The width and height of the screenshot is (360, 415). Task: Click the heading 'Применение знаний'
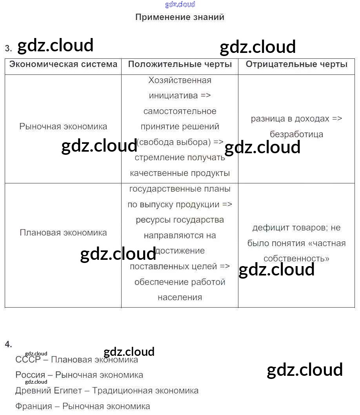point(180,17)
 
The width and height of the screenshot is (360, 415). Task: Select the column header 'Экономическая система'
point(63,64)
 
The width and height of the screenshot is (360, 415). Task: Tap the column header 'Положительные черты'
point(180,64)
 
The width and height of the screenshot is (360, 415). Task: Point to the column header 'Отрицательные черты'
point(296,64)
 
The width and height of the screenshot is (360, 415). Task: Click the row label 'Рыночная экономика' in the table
point(63,127)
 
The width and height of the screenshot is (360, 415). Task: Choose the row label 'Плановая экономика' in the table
point(63,233)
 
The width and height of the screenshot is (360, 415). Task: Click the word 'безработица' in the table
point(296,134)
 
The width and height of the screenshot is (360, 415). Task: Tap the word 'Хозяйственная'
point(180,80)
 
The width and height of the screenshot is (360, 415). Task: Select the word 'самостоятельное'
point(180,111)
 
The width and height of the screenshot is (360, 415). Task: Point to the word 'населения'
point(180,297)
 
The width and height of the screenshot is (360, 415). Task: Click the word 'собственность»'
point(296,259)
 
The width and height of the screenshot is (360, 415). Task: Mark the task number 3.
point(8,49)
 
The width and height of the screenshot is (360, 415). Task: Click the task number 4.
point(8,344)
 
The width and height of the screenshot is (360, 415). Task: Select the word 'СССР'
point(28,360)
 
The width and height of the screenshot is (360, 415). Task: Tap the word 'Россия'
point(30,375)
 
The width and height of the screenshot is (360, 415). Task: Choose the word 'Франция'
point(34,406)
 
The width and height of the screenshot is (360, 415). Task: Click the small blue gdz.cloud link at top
point(180,5)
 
